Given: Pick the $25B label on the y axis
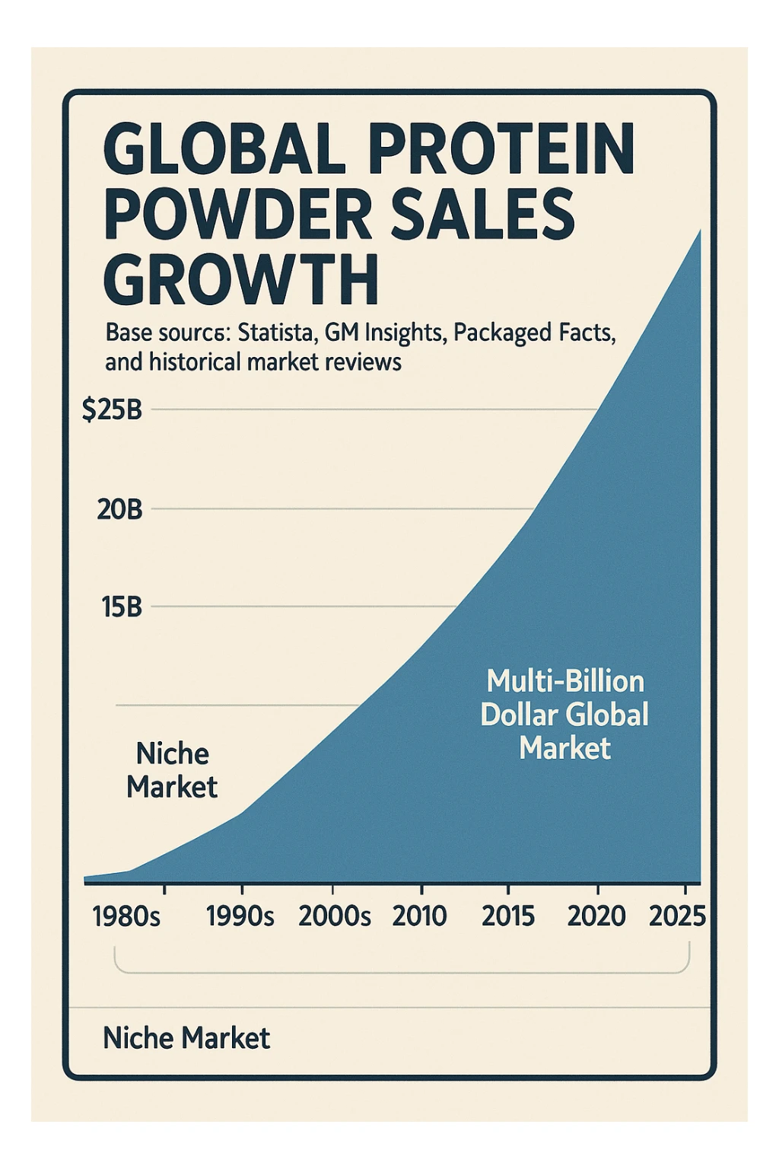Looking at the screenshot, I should (x=112, y=410).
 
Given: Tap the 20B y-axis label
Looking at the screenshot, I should (x=119, y=509).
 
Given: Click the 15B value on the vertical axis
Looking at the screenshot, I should (x=121, y=607).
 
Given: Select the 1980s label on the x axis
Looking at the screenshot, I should (x=126, y=916).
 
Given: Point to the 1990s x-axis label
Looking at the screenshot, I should (x=240, y=916).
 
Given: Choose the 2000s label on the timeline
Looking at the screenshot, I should (x=335, y=916).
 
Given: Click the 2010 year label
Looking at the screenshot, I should (x=419, y=916).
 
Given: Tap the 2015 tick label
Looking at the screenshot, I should (x=508, y=916).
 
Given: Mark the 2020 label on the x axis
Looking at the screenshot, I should (x=596, y=916).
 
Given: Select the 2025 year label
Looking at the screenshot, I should (x=677, y=916).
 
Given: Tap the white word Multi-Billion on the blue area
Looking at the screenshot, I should (x=564, y=681).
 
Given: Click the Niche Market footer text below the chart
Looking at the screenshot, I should (x=186, y=1038).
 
